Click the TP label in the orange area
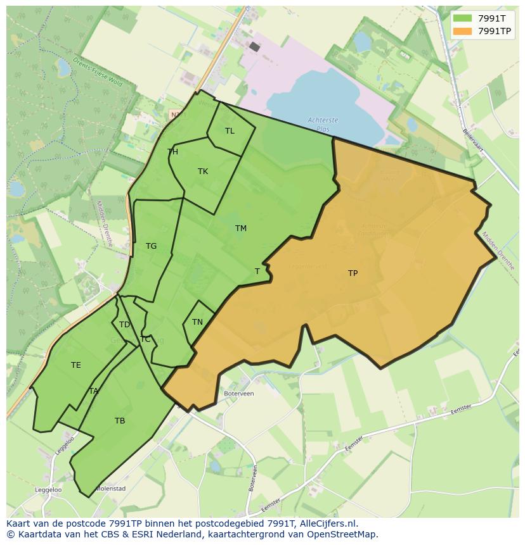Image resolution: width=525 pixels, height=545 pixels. (353, 273)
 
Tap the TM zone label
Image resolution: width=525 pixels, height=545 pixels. (241, 229)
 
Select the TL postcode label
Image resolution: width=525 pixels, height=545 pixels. (230, 131)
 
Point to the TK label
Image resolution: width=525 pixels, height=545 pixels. (203, 172)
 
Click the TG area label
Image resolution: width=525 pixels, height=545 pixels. (151, 246)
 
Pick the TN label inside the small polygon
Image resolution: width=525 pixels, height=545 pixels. (197, 322)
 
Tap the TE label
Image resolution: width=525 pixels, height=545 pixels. (76, 365)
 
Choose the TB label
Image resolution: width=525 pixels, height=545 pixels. (120, 421)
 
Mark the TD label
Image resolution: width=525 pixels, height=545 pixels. (124, 325)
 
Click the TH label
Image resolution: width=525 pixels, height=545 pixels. (172, 152)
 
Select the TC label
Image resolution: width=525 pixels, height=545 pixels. (145, 339)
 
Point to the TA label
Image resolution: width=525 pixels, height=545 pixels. (94, 391)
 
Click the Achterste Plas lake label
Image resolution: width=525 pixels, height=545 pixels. (323, 124)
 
